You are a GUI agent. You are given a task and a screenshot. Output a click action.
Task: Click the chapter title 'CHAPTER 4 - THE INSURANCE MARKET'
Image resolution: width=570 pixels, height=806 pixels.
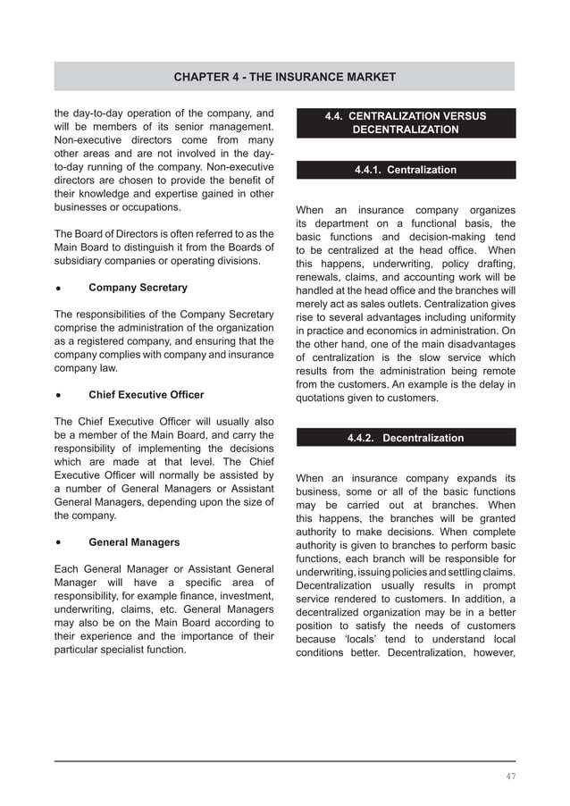[284, 77]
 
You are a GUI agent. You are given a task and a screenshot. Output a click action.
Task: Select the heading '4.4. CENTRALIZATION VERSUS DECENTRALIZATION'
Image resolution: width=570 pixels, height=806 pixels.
[405, 123]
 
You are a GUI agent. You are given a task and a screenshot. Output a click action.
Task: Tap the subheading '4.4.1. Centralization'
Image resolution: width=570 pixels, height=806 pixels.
[405, 170]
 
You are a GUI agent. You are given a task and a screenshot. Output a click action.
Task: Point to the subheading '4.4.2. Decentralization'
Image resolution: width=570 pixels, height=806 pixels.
[405, 438]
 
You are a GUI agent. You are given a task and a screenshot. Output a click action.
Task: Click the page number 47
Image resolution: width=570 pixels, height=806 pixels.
[509, 777]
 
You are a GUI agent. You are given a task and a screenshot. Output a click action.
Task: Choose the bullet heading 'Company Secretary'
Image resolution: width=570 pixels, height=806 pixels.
[138, 288]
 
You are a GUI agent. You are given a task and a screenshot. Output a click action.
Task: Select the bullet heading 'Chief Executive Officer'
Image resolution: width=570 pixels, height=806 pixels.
[146, 395]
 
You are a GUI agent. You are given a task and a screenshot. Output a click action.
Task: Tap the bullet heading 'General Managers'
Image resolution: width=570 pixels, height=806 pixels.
[134, 542]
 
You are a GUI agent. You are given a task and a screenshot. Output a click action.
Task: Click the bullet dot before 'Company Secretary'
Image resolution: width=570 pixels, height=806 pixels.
[58, 289]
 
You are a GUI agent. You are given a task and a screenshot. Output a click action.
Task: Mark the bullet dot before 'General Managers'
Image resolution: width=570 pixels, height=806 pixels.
[58, 542]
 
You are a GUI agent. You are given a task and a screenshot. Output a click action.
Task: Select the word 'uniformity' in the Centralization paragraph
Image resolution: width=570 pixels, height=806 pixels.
[489, 318]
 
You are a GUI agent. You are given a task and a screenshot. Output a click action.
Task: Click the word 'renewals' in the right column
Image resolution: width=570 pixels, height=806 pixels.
[318, 277]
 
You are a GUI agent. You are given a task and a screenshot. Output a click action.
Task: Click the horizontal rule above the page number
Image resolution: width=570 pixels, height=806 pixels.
[284, 761]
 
